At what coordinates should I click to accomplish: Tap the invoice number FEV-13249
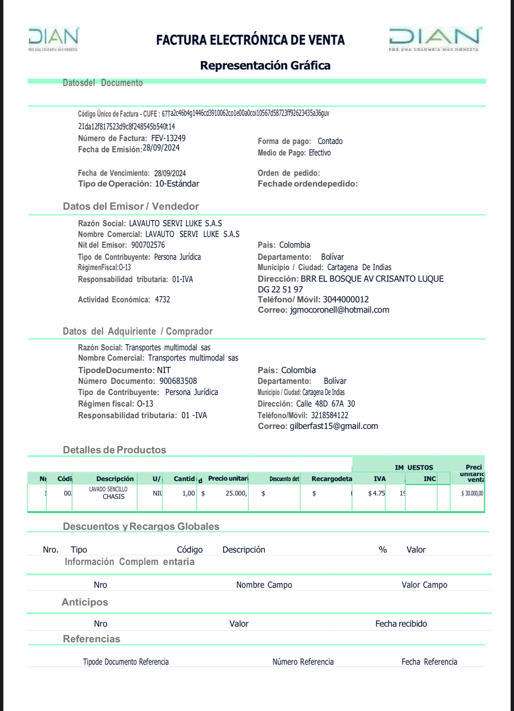168,138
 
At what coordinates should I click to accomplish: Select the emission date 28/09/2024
161,148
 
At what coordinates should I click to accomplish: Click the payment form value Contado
330,141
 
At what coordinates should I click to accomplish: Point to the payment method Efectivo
319,153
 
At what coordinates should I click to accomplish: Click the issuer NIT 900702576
148,245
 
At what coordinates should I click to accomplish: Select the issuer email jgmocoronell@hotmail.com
339,310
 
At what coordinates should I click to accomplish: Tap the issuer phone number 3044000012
346,299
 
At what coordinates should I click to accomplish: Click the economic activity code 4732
162,299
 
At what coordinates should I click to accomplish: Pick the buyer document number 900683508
178,381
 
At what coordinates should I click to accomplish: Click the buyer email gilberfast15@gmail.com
334,426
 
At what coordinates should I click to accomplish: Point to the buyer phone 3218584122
329,415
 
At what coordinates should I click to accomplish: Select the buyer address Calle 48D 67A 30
325,404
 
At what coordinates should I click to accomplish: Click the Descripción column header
115,479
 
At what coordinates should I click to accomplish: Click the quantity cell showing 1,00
188,493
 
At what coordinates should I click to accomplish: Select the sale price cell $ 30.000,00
472,493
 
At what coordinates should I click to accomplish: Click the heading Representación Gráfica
265,65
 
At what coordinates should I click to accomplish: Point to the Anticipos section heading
85,602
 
